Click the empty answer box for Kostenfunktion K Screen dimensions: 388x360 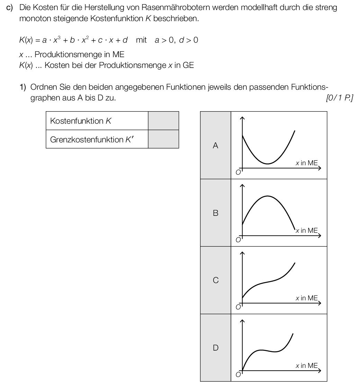point(163,121)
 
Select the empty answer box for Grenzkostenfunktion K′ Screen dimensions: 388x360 point(163,139)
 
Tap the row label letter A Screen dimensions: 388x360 point(215,145)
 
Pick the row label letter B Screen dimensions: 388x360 point(215,213)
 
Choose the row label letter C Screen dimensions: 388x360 point(215,280)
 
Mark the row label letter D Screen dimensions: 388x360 point(215,348)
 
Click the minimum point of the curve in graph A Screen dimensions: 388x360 point(268,164)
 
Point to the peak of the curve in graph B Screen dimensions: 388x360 point(268,196)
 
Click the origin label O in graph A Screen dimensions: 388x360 point(238,173)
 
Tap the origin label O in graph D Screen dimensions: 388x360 point(238,374)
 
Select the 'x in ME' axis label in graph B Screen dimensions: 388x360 point(307,230)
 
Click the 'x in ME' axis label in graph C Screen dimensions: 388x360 point(307,298)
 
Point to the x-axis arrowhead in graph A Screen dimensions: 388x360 point(319,168)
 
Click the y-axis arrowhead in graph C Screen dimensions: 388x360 point(242,254)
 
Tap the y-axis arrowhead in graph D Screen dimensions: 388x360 point(242,321)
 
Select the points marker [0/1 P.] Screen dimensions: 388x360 point(339,98)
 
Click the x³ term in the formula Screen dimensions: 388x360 point(56,40)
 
